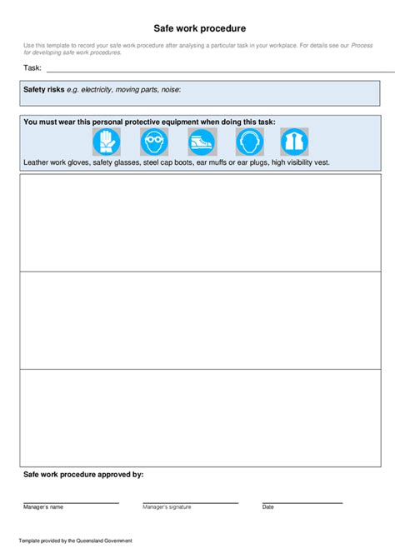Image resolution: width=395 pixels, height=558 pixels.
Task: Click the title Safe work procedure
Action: [199, 27]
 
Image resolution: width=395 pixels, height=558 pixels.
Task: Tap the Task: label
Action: [32, 67]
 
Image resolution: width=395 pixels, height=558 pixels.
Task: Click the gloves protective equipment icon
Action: [107, 142]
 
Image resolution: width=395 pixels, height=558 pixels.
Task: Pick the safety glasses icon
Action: [154, 142]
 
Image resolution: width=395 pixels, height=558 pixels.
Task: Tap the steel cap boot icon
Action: [201, 142]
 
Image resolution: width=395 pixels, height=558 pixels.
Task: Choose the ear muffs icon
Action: [248, 142]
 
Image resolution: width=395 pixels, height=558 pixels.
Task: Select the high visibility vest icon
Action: [294, 142]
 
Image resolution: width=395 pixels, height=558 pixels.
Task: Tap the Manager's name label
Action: [43, 506]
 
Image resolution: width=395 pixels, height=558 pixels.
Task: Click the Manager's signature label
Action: [167, 506]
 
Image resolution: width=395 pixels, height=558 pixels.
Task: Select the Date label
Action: [267, 506]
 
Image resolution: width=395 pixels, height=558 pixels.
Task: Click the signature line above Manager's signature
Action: [190, 502]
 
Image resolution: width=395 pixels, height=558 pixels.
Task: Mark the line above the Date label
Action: [302, 502]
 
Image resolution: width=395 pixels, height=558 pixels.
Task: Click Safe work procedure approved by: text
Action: [83, 474]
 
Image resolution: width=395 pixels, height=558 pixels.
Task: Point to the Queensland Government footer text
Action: [75, 541]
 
